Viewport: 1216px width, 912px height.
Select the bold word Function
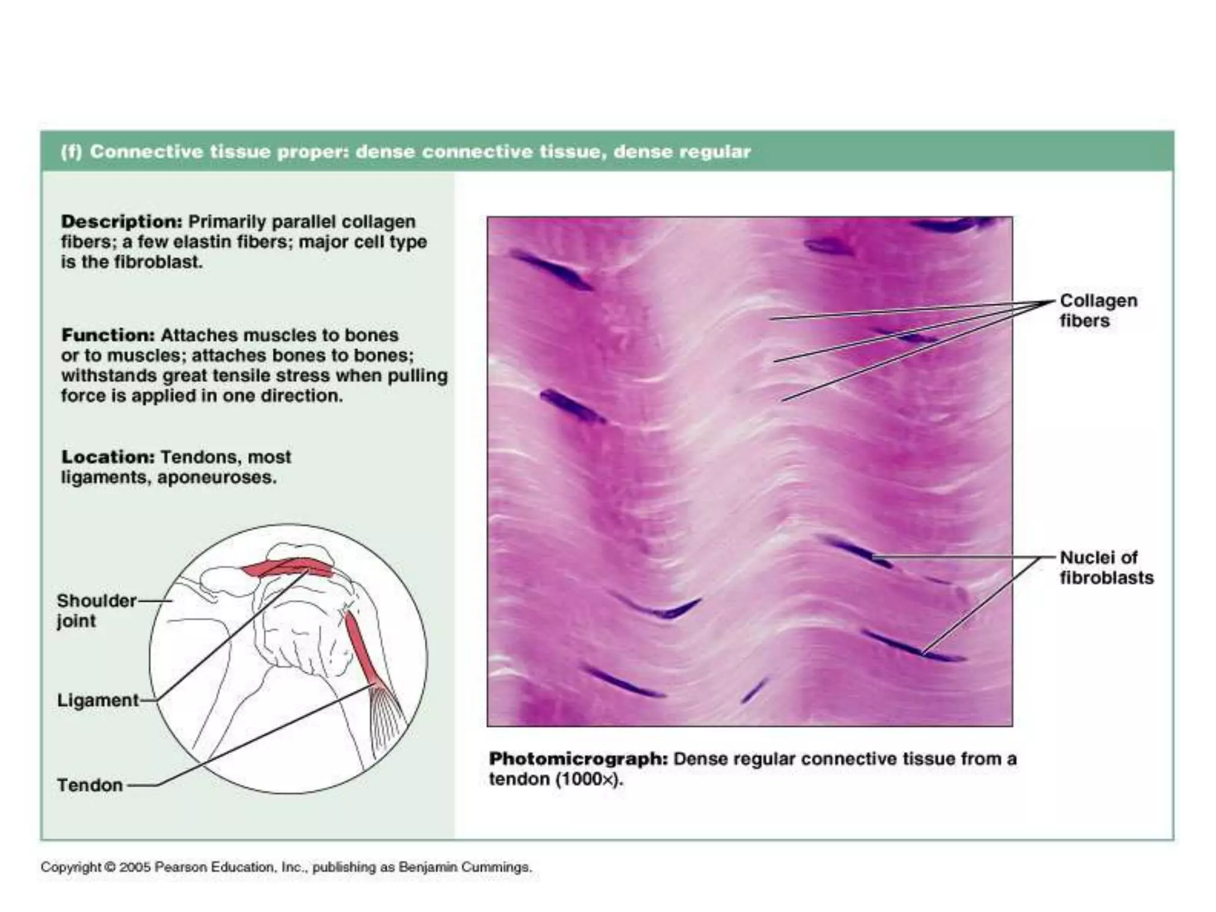(x=108, y=335)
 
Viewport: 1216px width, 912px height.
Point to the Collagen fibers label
(x=1098, y=311)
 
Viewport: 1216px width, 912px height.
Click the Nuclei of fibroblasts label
(x=1106, y=568)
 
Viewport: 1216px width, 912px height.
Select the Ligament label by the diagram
(x=98, y=701)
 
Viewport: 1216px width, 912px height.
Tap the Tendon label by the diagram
(x=90, y=786)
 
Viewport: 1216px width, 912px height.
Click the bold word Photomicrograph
(x=578, y=759)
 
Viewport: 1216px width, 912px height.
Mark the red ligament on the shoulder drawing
(x=286, y=568)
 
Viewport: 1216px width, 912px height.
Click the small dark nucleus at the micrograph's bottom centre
(x=754, y=691)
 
